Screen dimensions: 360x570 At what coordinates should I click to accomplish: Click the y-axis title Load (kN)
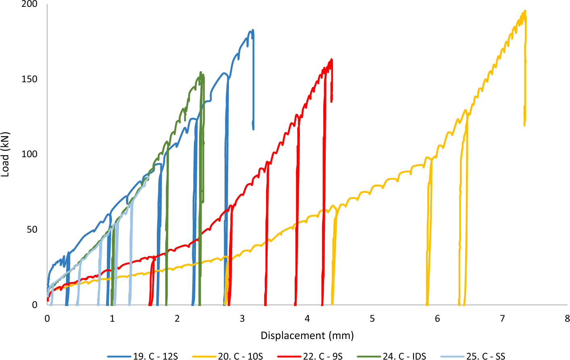coord(5,154)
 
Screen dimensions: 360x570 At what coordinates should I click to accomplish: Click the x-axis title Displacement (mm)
coord(307,335)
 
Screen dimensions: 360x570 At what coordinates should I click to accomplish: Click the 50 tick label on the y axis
coord(33,229)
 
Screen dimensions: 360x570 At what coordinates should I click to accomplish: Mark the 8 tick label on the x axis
coord(567,318)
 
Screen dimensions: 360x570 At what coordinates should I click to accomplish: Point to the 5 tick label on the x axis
coord(372,318)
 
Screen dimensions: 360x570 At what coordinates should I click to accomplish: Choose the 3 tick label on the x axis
coord(242,318)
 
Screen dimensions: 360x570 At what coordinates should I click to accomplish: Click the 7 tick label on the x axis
coord(502,318)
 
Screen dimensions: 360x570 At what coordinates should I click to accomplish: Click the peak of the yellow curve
coord(524,11)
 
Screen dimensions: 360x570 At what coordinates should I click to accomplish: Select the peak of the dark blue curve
coord(252,30)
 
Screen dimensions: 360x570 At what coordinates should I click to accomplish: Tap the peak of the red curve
coord(331,59)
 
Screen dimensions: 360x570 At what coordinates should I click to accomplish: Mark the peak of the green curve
coord(201,73)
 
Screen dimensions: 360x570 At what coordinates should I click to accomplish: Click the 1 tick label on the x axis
coord(112,318)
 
